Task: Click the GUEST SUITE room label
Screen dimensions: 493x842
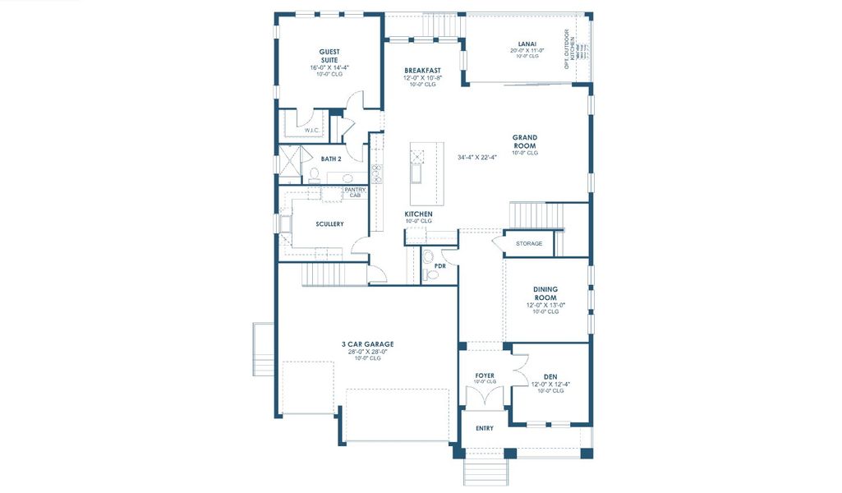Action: point(329,56)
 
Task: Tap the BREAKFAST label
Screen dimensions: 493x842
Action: point(422,71)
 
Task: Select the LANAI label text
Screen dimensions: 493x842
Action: point(527,44)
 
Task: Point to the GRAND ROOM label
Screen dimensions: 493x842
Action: point(525,141)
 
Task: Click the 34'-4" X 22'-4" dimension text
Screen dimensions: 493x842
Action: point(477,157)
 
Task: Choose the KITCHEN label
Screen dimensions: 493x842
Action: point(418,214)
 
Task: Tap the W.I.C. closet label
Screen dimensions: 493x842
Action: point(311,131)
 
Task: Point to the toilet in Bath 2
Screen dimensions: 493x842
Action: point(314,174)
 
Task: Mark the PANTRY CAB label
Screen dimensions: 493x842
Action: point(355,192)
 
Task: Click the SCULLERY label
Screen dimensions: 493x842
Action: point(329,223)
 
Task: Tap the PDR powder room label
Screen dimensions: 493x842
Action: point(440,266)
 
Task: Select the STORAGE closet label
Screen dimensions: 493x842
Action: point(529,243)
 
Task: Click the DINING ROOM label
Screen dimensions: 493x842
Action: point(545,293)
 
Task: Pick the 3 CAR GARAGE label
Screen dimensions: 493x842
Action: point(368,343)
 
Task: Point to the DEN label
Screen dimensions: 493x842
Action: point(550,377)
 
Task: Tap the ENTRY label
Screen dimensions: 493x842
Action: point(485,428)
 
